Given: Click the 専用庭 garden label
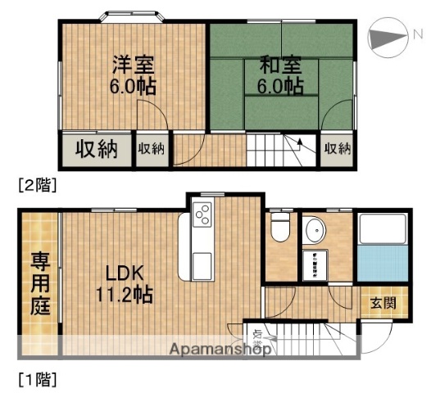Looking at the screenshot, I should pos(39,285).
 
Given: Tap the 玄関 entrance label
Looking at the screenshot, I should pos(383,303).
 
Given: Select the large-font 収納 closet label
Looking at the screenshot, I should pos(97,149).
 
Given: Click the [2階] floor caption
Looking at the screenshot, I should pos(37,185).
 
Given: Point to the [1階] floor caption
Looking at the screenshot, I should pos(37,379).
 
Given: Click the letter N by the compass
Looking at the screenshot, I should pos(417,34).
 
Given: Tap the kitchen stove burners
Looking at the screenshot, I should pos(202,215).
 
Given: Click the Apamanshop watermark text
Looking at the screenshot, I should pos(220,350).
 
